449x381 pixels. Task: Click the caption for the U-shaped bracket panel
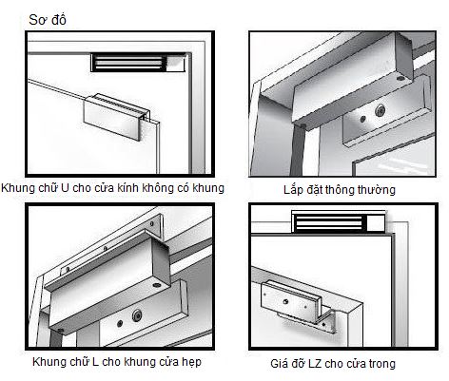[x=113, y=188]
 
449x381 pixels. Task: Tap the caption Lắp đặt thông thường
[x=340, y=190]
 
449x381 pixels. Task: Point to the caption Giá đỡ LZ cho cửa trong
[x=340, y=363]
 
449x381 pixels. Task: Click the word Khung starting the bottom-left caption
[x=20, y=362]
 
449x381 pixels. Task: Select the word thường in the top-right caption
[x=376, y=190]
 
